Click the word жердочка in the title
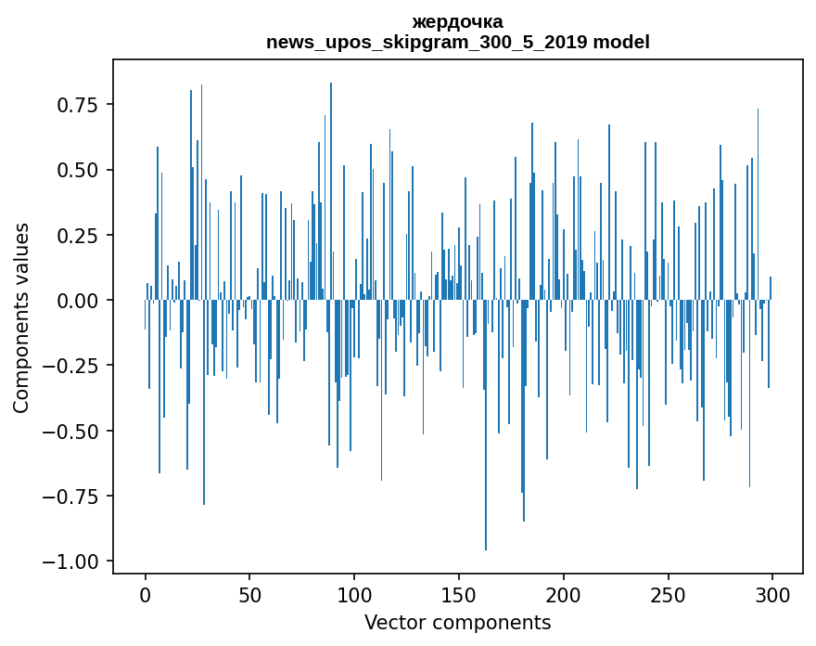pos(457,22)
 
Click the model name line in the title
pos(457,43)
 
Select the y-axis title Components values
pos(21,317)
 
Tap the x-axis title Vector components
pos(457,623)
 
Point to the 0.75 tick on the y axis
pos(78,105)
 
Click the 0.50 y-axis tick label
pos(78,170)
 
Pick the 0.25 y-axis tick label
pos(78,236)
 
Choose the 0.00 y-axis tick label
pos(78,301)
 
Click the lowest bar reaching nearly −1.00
pos(486,520)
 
